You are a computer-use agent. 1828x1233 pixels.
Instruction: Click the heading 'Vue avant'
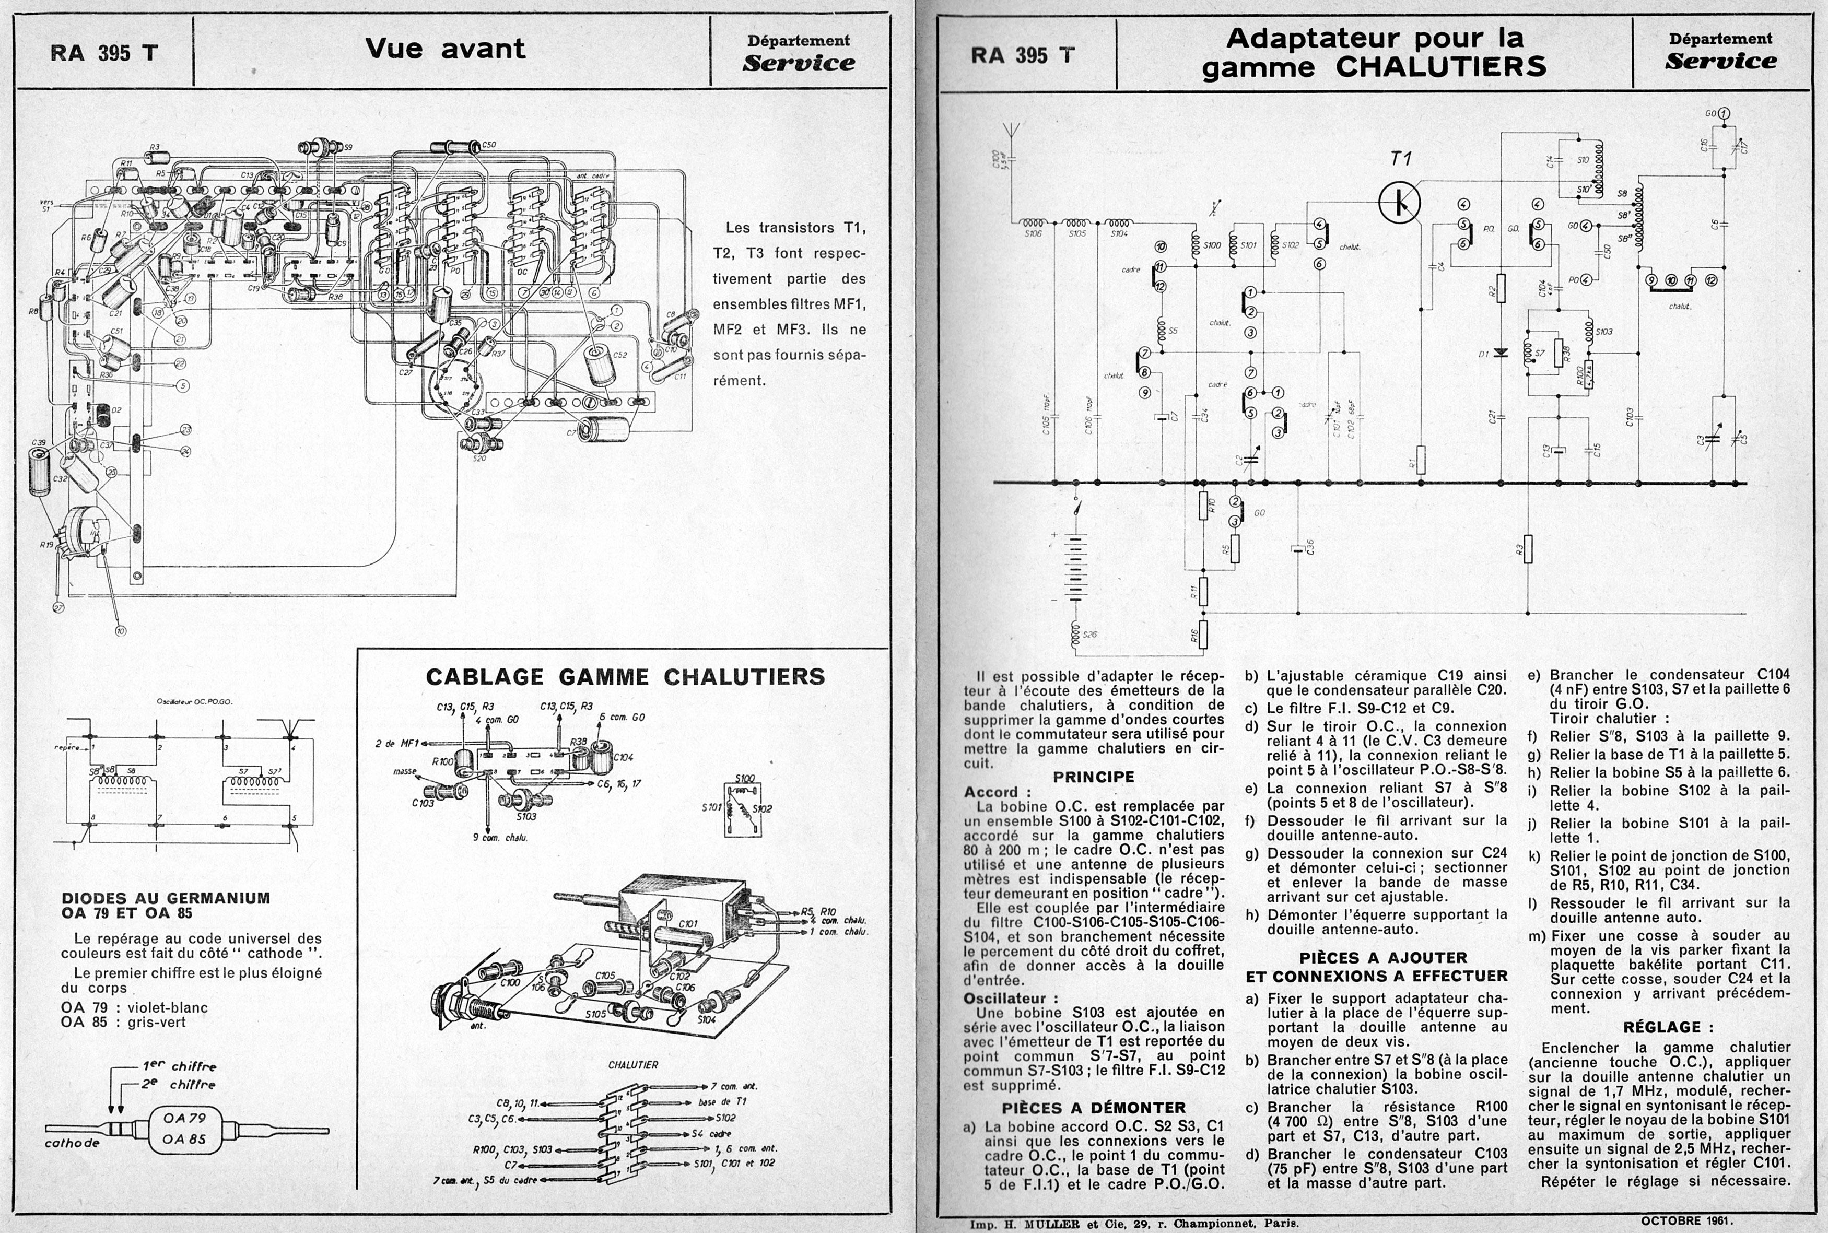click(x=445, y=49)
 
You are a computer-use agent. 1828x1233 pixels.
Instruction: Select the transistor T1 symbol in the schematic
click(x=1400, y=203)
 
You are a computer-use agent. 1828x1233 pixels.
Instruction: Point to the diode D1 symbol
click(x=1501, y=353)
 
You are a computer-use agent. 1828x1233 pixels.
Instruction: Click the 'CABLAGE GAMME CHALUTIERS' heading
click(x=625, y=677)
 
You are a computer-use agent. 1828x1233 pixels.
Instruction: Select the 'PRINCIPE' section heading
click(x=1094, y=777)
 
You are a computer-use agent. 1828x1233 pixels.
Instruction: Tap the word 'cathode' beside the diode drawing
click(x=72, y=1143)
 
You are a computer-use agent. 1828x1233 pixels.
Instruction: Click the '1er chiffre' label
click(x=179, y=1066)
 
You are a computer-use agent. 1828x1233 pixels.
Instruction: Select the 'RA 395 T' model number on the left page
click(x=104, y=53)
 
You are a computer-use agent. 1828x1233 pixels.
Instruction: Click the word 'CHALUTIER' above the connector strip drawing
click(x=633, y=1065)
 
